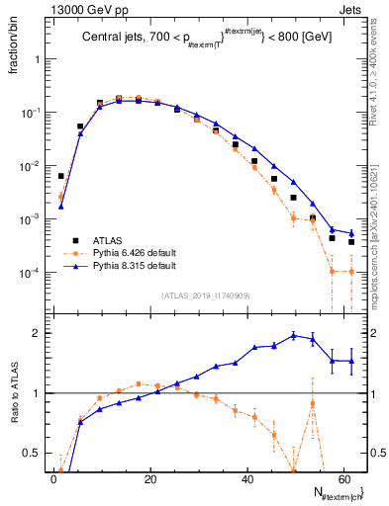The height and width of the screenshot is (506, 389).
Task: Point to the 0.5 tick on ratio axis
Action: (x=34, y=454)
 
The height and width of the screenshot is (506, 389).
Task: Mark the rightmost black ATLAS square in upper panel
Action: (x=351, y=241)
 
